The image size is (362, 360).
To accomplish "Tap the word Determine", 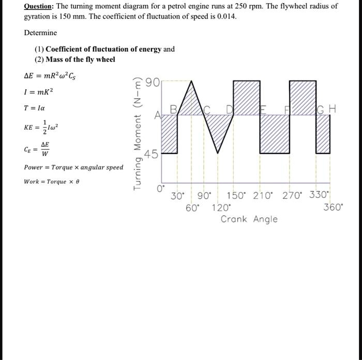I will click(x=40, y=33).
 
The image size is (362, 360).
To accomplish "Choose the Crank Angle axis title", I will click(x=249, y=219).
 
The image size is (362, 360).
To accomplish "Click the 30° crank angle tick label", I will click(x=178, y=196).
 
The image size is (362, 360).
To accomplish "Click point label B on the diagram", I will click(x=174, y=109).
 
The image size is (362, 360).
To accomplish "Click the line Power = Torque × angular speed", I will click(x=73, y=167).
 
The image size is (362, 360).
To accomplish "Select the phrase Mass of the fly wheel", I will click(x=80, y=59).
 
